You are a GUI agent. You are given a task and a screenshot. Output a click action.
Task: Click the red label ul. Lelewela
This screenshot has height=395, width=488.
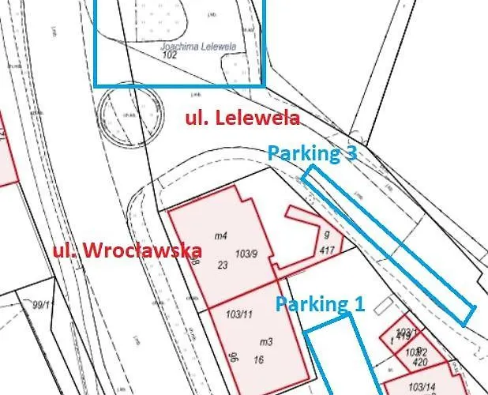(x=242, y=118)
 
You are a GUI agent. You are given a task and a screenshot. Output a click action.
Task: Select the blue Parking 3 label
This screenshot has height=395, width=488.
(x=311, y=153)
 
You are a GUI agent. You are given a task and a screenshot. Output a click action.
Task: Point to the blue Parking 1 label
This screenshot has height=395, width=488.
(x=320, y=303)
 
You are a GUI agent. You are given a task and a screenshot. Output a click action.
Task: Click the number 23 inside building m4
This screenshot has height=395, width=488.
(x=222, y=265)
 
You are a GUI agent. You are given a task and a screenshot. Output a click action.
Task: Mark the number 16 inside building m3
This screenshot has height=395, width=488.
(x=257, y=359)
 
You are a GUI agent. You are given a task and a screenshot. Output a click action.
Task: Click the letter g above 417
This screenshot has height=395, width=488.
(x=325, y=235)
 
